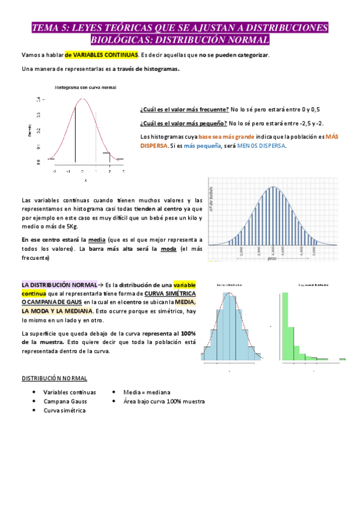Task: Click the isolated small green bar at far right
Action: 342,360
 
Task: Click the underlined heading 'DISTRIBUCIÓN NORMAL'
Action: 54,378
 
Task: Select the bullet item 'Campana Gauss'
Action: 63,401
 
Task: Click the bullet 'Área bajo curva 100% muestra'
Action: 163,401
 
